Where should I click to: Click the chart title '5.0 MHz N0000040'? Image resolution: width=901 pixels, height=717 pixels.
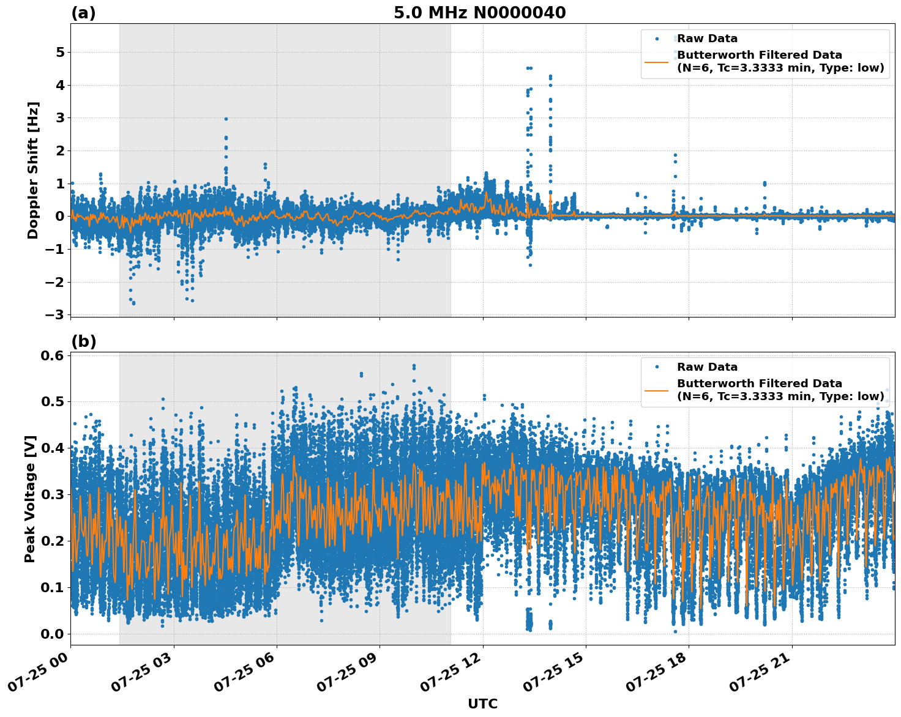click(x=479, y=13)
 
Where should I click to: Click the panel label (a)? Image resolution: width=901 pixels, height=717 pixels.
click(x=83, y=13)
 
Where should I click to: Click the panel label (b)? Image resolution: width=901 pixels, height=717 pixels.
click(x=83, y=341)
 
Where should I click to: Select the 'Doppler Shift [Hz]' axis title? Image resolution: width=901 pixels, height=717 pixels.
click(x=33, y=170)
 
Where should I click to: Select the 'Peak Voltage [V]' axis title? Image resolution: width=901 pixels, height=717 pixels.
click(x=30, y=499)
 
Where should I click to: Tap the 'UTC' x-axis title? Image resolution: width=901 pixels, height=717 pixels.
click(x=482, y=704)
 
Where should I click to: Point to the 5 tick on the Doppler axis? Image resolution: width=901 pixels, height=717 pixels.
click(x=60, y=53)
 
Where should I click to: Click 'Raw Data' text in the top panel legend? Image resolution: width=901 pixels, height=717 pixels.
click(x=707, y=39)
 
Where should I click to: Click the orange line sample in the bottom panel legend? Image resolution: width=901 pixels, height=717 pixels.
click(x=657, y=390)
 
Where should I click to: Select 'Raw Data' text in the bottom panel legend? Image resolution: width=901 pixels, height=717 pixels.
click(x=707, y=367)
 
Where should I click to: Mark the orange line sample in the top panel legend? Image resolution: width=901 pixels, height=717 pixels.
click(x=657, y=62)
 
